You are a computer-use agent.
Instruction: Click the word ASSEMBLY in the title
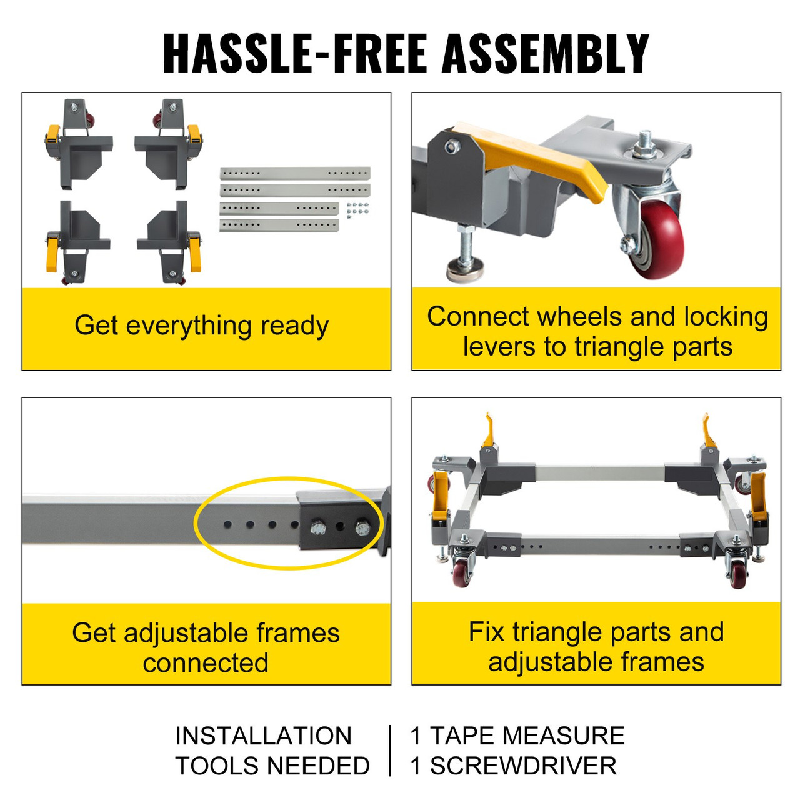tap(546, 54)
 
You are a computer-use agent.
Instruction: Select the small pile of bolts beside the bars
tap(357, 208)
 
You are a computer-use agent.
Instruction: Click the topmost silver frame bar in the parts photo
tap(295, 172)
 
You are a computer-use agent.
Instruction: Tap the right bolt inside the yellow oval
tap(363, 529)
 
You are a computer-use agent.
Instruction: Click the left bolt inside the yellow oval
tap(317, 529)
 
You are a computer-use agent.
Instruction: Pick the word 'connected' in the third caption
tap(206, 663)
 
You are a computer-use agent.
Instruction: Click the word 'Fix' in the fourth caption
tap(486, 632)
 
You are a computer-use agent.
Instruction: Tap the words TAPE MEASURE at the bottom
tap(527, 736)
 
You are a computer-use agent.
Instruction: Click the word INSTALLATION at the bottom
tap(263, 736)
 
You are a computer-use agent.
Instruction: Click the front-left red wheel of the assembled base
tap(462, 571)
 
